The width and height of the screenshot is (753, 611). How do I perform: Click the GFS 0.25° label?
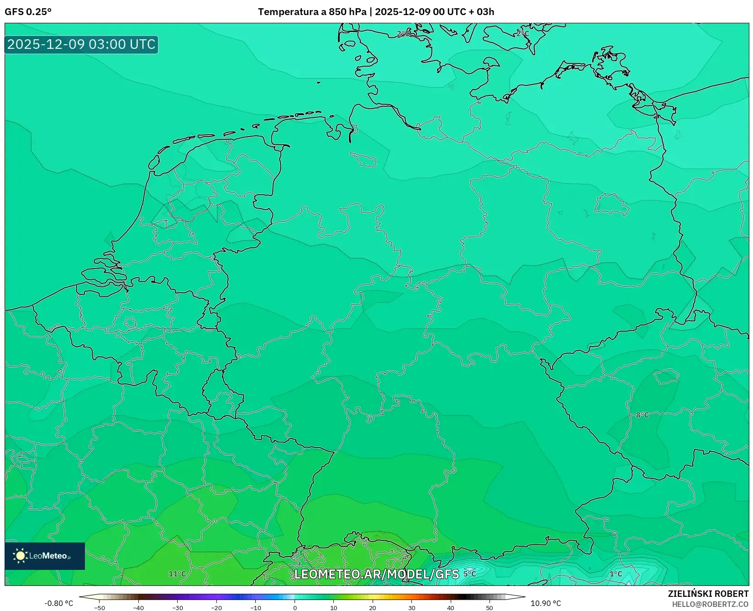coord(28,12)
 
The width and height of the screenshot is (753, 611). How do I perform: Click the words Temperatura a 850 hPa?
coord(312,12)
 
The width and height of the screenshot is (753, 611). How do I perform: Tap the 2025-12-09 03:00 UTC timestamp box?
coord(81,45)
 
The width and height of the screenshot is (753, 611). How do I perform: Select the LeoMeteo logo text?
coord(48,556)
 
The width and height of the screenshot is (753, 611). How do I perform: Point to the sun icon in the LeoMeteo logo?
coord(20,555)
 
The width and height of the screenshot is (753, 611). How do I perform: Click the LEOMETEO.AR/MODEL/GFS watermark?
coord(376,574)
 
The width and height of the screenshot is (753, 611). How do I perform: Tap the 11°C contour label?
coord(177,574)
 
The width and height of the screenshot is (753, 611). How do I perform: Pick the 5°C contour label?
coord(469,574)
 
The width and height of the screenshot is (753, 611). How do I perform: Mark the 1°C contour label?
coord(616,574)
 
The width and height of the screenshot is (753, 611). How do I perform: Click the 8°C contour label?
coord(642,415)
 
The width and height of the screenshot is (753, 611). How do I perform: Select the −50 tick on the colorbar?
coord(100,607)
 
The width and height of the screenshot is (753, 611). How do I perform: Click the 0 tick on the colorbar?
coord(295,607)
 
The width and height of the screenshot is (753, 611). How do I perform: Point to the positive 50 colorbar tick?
coord(490,607)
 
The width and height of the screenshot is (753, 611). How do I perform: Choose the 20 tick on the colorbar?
coord(373,607)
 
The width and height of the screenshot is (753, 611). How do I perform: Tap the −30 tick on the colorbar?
coord(178,607)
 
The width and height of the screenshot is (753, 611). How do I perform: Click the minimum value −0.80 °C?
coord(58,603)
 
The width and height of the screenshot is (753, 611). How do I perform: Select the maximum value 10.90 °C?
coord(545,603)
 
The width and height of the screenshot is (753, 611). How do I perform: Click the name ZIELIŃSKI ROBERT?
coord(708,594)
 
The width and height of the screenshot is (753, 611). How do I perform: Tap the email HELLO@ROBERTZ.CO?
coord(710,604)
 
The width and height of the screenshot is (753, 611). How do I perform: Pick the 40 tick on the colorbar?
coord(451,607)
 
